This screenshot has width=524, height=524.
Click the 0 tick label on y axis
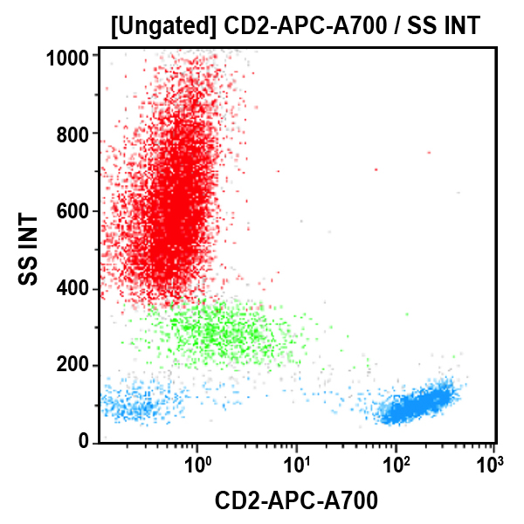point(85,443)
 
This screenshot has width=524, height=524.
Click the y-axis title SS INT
point(29,249)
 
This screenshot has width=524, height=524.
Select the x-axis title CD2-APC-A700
point(297,501)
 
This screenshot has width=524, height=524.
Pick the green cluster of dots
point(218,332)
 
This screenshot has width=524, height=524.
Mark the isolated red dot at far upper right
point(429,152)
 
